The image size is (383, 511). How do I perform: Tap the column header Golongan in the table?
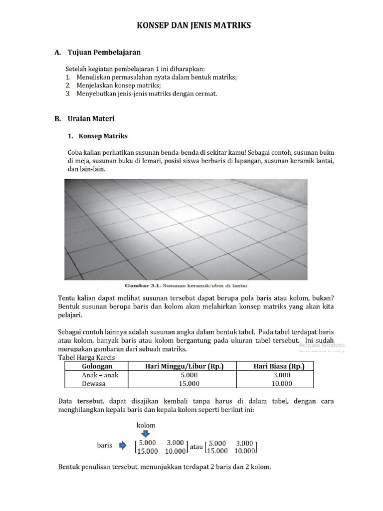tap(96, 366)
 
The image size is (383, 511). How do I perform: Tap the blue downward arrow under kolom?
tap(146, 434)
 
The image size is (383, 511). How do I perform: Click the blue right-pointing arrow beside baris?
tap(122, 445)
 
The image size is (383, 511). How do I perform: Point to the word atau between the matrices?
tap(196, 448)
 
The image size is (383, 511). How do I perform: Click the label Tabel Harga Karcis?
tap(87, 357)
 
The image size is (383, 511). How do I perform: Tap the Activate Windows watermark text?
tap(322, 345)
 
